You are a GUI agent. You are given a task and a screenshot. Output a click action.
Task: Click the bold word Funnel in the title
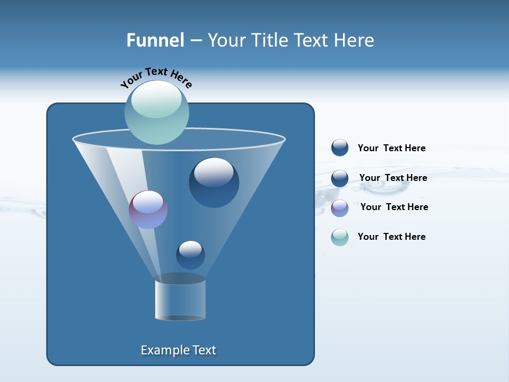(x=155, y=40)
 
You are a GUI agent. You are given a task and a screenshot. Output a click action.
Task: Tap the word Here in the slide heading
(x=354, y=40)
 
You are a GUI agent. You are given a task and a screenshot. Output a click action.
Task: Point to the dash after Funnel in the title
(x=195, y=41)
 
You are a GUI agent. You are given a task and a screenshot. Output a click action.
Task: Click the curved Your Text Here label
(x=156, y=77)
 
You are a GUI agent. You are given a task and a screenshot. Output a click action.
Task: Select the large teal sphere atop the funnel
(x=156, y=112)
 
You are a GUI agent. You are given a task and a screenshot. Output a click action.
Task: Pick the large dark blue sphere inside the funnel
(x=214, y=183)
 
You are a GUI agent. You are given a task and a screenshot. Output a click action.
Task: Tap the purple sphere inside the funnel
(x=148, y=210)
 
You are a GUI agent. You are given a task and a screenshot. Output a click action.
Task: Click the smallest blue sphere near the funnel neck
(x=190, y=255)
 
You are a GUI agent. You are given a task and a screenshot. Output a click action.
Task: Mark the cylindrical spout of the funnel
(x=180, y=300)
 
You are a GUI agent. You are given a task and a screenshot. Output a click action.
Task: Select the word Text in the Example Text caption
(x=204, y=350)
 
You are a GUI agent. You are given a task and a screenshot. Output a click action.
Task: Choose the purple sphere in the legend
(x=340, y=208)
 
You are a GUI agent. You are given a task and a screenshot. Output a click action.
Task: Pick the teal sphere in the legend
(x=340, y=237)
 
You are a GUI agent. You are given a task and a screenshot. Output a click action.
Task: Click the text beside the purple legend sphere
(x=394, y=207)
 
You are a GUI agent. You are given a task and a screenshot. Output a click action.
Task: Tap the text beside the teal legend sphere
(x=391, y=237)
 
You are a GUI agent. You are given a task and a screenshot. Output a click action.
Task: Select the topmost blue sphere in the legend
(x=340, y=148)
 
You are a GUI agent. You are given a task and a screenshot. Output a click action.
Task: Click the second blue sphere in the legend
(x=340, y=178)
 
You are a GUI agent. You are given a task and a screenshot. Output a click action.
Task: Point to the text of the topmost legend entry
(x=391, y=148)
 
